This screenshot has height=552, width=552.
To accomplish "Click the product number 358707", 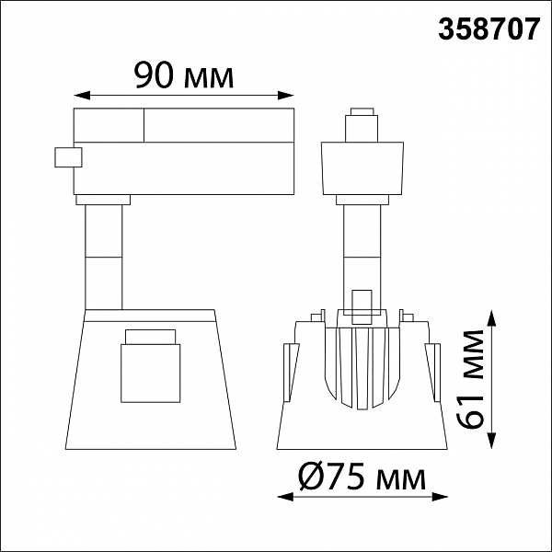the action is coord(489,29).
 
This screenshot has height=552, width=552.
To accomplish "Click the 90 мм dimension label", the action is coord(183,75).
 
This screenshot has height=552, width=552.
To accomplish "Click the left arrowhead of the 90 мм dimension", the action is coord(82,95).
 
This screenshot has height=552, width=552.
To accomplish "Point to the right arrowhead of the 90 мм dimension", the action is coord(286,95).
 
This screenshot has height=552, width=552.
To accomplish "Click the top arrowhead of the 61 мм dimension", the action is coord(492,318).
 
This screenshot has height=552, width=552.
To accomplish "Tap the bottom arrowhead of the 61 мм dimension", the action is coord(492,441).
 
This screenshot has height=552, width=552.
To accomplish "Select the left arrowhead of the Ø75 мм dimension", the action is coord(285,497).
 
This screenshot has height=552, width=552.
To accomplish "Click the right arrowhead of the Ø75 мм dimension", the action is coord(440,497).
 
